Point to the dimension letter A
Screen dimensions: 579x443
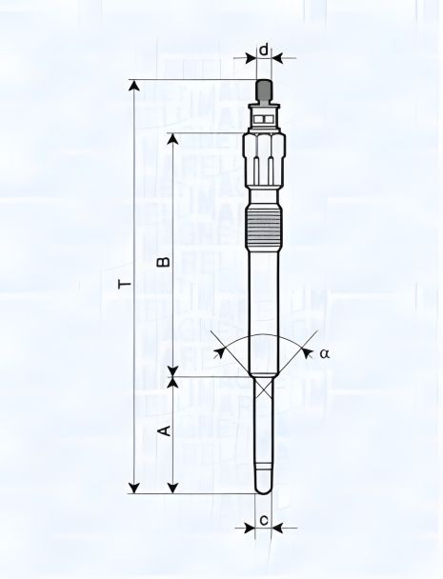163,430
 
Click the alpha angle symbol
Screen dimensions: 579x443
324,352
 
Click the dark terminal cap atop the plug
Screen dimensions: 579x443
264,91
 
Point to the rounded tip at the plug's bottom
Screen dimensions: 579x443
264,488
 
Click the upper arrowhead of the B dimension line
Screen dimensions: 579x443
172,139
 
